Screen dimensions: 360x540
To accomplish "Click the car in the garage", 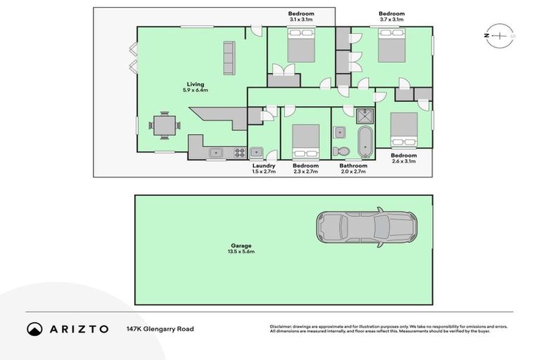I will coord(366,226).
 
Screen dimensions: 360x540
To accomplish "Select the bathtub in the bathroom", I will coord(365,142).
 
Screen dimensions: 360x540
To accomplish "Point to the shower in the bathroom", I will coord(365,116).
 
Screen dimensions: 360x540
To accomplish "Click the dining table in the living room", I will coord(165,126).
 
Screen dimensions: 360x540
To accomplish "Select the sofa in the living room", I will coord(229,58).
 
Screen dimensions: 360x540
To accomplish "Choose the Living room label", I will coord(195,84).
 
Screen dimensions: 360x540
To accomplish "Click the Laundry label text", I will coord(264,166).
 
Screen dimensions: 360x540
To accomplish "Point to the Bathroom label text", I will coord(353,166).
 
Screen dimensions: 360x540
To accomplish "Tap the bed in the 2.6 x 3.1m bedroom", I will coord(404,128).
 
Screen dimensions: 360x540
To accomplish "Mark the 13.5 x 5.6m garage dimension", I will coord(240,252).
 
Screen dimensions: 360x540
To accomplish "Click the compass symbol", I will coord(499,35).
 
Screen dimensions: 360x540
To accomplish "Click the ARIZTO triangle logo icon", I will coord(34,328).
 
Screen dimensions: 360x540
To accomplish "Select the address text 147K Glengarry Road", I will coord(160,328).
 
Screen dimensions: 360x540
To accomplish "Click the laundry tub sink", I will coord(257,151).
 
